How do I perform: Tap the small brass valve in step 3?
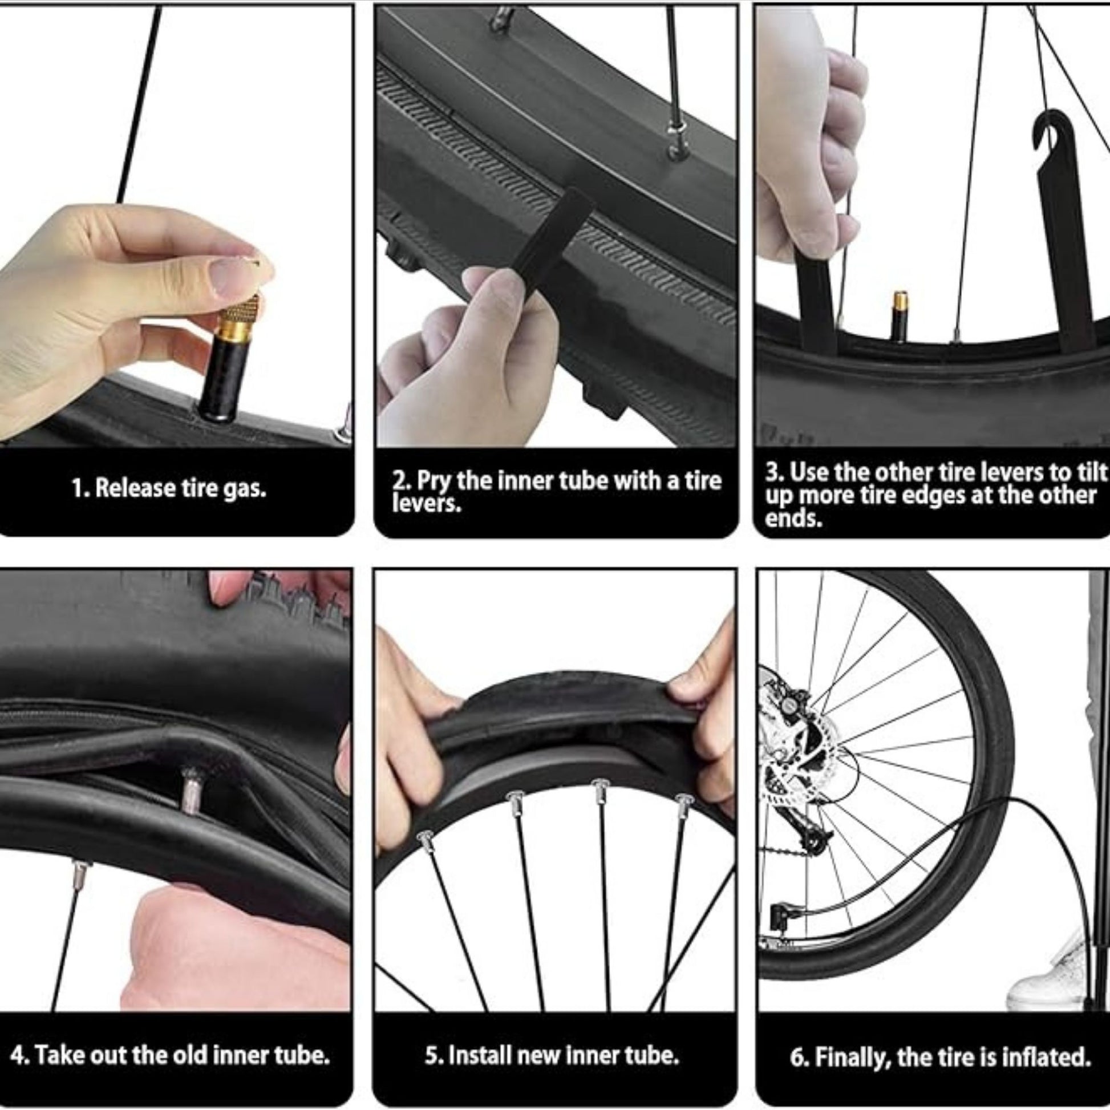[900, 316]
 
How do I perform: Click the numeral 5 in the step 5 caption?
[430, 1055]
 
